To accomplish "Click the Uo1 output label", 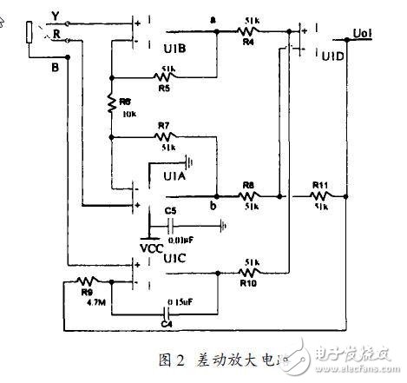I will click(363, 34).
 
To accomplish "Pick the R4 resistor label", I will click(247, 40).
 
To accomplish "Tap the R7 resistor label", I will click(163, 126).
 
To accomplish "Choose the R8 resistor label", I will click(247, 184).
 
